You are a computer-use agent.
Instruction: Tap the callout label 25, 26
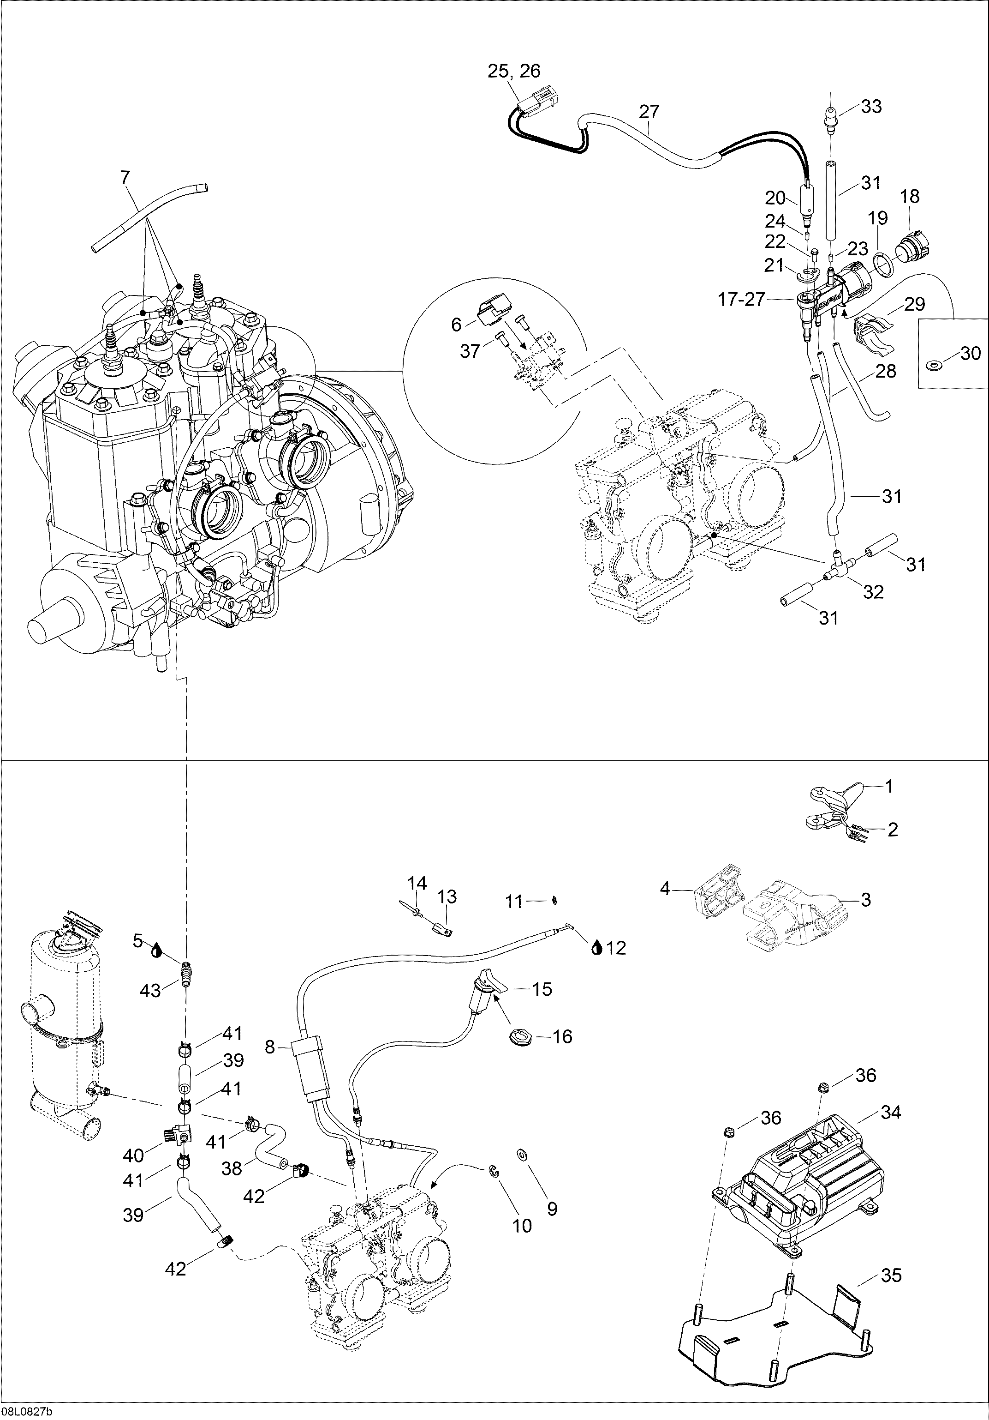(514, 72)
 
